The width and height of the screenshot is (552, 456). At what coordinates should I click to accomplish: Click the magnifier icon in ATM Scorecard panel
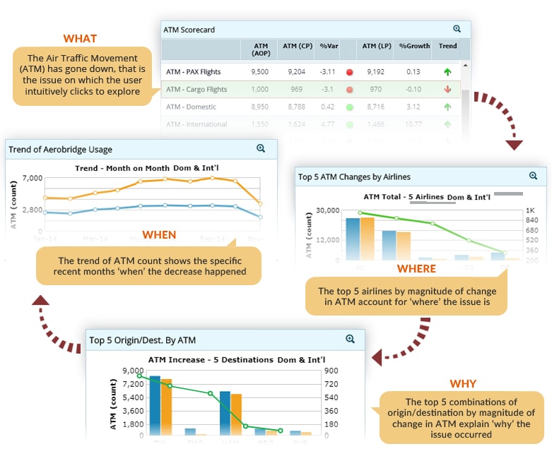point(457,29)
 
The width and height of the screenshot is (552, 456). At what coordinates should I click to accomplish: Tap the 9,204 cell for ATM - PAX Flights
point(296,71)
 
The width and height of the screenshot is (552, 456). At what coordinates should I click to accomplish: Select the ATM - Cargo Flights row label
point(196,90)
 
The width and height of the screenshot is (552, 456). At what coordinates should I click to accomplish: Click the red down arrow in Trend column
point(447,90)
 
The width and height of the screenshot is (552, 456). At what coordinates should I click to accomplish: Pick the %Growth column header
point(414,46)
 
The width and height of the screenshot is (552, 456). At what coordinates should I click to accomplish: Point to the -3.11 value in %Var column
point(327,71)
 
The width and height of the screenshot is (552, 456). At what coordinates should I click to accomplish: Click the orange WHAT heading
point(80,38)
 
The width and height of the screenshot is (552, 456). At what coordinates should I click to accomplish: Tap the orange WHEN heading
point(159,234)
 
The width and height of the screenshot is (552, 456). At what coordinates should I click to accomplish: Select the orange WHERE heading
point(416,269)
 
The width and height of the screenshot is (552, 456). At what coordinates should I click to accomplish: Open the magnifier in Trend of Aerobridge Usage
point(261,148)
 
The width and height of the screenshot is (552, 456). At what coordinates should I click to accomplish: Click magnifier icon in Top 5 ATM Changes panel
point(533,176)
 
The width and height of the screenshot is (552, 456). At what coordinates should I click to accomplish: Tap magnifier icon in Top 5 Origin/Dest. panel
point(350,339)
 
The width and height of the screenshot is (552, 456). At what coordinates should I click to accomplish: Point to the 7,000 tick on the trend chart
point(33,178)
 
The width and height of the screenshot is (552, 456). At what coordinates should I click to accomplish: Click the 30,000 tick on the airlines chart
point(328,210)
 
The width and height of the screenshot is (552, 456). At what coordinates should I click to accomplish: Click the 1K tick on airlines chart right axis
point(530,210)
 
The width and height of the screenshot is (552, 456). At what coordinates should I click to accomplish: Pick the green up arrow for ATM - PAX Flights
point(447,71)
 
